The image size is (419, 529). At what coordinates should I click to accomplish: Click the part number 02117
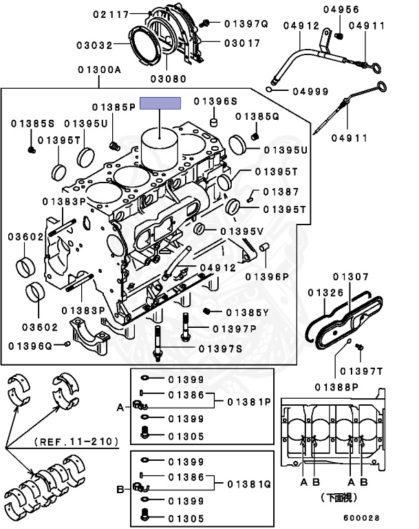(112, 14)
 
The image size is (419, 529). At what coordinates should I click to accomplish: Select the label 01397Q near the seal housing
(246, 23)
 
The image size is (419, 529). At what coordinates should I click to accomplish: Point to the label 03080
(168, 79)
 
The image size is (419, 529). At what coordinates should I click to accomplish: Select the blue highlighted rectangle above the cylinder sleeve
(160, 104)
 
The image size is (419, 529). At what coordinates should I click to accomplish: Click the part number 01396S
(215, 101)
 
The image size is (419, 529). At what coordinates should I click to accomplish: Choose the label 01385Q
(257, 116)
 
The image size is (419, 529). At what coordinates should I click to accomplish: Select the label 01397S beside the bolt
(220, 349)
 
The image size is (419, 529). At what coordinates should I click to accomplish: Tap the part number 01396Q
(30, 344)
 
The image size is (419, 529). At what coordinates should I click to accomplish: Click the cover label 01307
(350, 277)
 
